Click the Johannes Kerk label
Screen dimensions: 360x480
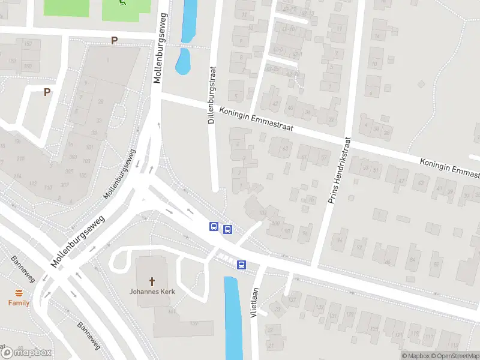152,293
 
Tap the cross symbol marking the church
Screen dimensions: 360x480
152,281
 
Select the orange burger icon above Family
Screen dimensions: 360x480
19,293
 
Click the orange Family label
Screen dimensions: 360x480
19,303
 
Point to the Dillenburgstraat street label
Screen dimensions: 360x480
211,95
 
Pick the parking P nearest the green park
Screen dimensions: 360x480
113,40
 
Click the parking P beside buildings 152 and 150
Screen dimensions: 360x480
47,92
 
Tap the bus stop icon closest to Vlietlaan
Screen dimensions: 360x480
241,265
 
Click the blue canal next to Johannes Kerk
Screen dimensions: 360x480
232,318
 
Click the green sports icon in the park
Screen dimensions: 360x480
123,3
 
